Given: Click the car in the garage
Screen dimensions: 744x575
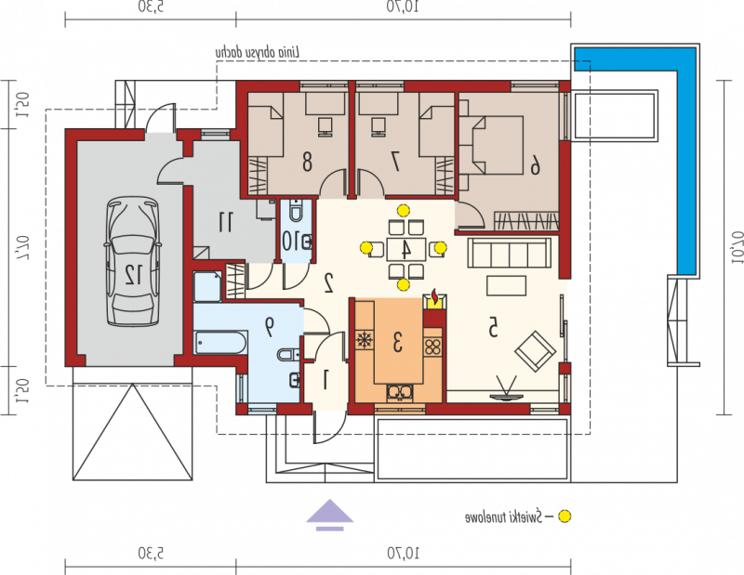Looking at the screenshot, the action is [x=132, y=262].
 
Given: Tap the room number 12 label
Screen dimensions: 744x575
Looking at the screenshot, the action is [x=133, y=274].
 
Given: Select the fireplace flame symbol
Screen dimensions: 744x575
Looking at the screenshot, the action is [x=434, y=297].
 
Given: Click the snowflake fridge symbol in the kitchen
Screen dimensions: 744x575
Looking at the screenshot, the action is [x=365, y=340].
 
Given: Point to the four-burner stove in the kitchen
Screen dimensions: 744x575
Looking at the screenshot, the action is [x=432, y=346].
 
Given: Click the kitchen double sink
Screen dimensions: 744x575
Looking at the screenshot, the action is [x=400, y=393].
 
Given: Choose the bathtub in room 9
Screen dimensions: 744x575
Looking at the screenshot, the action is [x=220, y=342].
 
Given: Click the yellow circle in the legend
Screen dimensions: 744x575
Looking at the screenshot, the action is [x=565, y=516].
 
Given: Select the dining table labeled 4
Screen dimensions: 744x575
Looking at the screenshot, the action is [x=405, y=249].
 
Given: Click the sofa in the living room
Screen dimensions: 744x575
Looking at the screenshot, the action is [x=510, y=254].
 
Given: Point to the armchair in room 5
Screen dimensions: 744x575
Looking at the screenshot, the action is [x=536, y=351].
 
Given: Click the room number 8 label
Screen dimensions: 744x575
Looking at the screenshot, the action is [x=307, y=162].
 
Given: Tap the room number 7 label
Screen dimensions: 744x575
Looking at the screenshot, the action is [x=394, y=162].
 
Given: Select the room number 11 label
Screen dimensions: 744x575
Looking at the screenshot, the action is [x=225, y=222].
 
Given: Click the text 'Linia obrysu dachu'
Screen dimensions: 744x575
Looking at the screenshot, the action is [x=258, y=52].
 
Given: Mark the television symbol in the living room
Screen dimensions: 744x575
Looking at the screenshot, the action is [x=506, y=388].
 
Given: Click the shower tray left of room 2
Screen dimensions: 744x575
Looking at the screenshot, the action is [x=207, y=286].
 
